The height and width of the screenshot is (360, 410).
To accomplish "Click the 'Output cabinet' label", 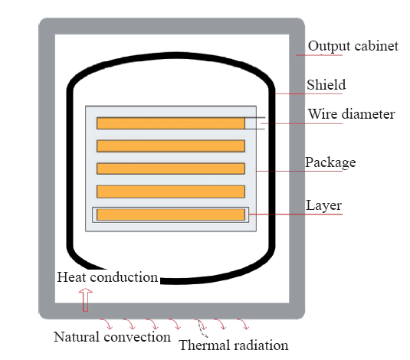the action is coord(353,46).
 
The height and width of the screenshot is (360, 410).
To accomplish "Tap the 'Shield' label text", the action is coord(326,85).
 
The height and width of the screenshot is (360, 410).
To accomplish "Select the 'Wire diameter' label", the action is coord(351,114).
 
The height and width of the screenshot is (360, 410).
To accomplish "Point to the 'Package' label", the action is coord(330,162).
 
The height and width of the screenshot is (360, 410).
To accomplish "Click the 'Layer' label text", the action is coord(323,205).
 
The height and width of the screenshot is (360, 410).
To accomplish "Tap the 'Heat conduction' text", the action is coord(107,277).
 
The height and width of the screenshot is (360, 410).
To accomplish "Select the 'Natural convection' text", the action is coord(112,337).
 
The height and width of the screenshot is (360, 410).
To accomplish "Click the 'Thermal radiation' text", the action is coord(234,345).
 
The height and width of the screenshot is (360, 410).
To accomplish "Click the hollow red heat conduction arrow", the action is coord(86,299).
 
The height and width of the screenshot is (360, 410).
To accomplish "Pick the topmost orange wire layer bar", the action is coord(171,123).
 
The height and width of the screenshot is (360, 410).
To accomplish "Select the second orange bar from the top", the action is coord(171,146).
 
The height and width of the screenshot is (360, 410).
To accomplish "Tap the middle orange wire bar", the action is coord(171,169).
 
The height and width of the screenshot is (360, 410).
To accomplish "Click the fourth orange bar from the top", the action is coord(171,191).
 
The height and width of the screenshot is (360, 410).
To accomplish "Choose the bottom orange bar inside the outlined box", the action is coord(171,214).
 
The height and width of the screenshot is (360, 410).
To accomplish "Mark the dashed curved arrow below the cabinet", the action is coord(202,329).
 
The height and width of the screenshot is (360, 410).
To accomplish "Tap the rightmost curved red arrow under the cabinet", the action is coord(244,323).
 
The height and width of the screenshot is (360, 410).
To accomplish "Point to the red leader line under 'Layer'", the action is coord(296,214).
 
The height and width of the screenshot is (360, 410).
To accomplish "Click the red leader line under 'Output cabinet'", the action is coord(320,55).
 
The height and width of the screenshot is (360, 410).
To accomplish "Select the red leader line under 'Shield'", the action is coord(309,93).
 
